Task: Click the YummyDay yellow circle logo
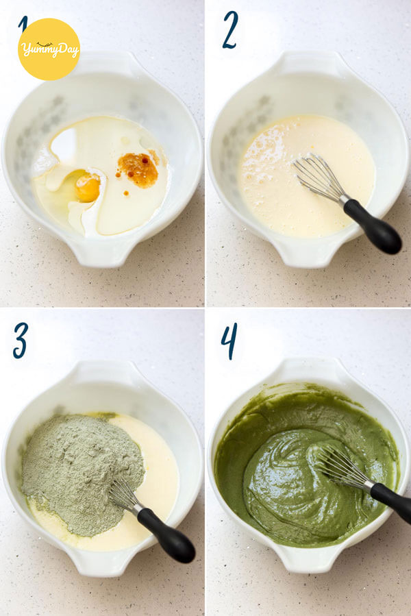click(49, 49)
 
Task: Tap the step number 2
click(230, 30)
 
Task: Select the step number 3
click(21, 341)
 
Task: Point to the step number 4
click(229, 341)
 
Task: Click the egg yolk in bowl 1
click(87, 188)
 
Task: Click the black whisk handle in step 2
click(372, 226)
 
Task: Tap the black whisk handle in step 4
click(391, 502)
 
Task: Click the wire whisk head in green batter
click(342, 467)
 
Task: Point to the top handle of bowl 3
click(103, 371)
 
